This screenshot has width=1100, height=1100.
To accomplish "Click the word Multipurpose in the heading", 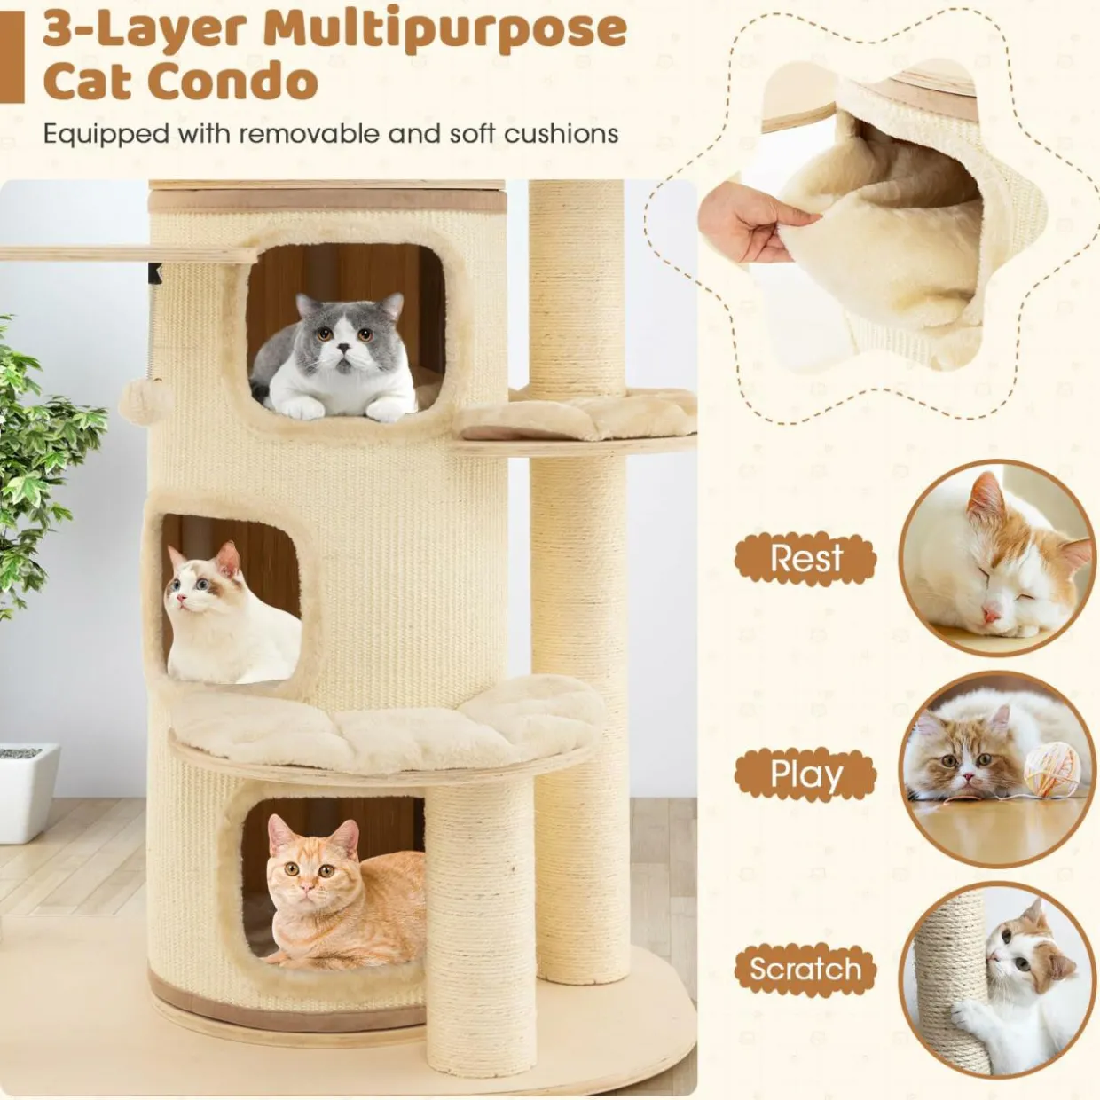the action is pos(444,29).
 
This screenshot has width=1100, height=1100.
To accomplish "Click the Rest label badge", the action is pos(805,558).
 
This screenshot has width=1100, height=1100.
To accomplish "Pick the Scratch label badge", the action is pos(805,969).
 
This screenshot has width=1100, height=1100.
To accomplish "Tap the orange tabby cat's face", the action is pos(308,875).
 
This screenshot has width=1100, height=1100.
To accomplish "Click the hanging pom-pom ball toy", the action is pos(146,401).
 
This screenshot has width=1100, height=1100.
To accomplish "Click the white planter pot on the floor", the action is pos(29,792).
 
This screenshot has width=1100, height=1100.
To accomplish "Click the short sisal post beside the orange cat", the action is pos(481,919).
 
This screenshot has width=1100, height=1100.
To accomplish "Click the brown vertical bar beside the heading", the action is pos(12,57).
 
